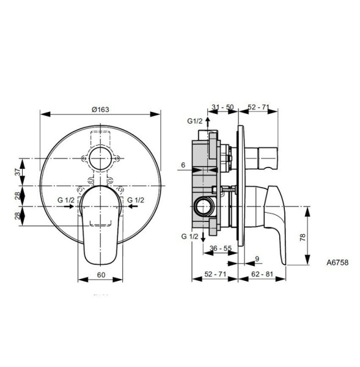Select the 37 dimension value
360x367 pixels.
18,173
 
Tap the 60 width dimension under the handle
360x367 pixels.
101,275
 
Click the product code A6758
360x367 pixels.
337,261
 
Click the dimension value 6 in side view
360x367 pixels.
183,165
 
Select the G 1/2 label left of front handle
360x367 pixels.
66,200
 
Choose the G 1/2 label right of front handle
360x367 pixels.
136,200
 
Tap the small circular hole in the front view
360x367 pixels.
100,158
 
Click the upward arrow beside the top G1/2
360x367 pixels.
208,122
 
